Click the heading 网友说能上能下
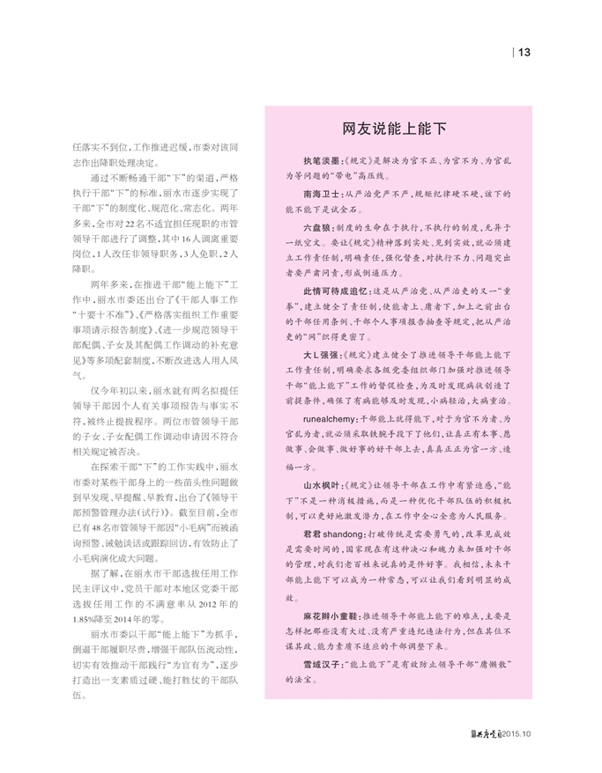pos(394,129)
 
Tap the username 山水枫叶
pos(321,483)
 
